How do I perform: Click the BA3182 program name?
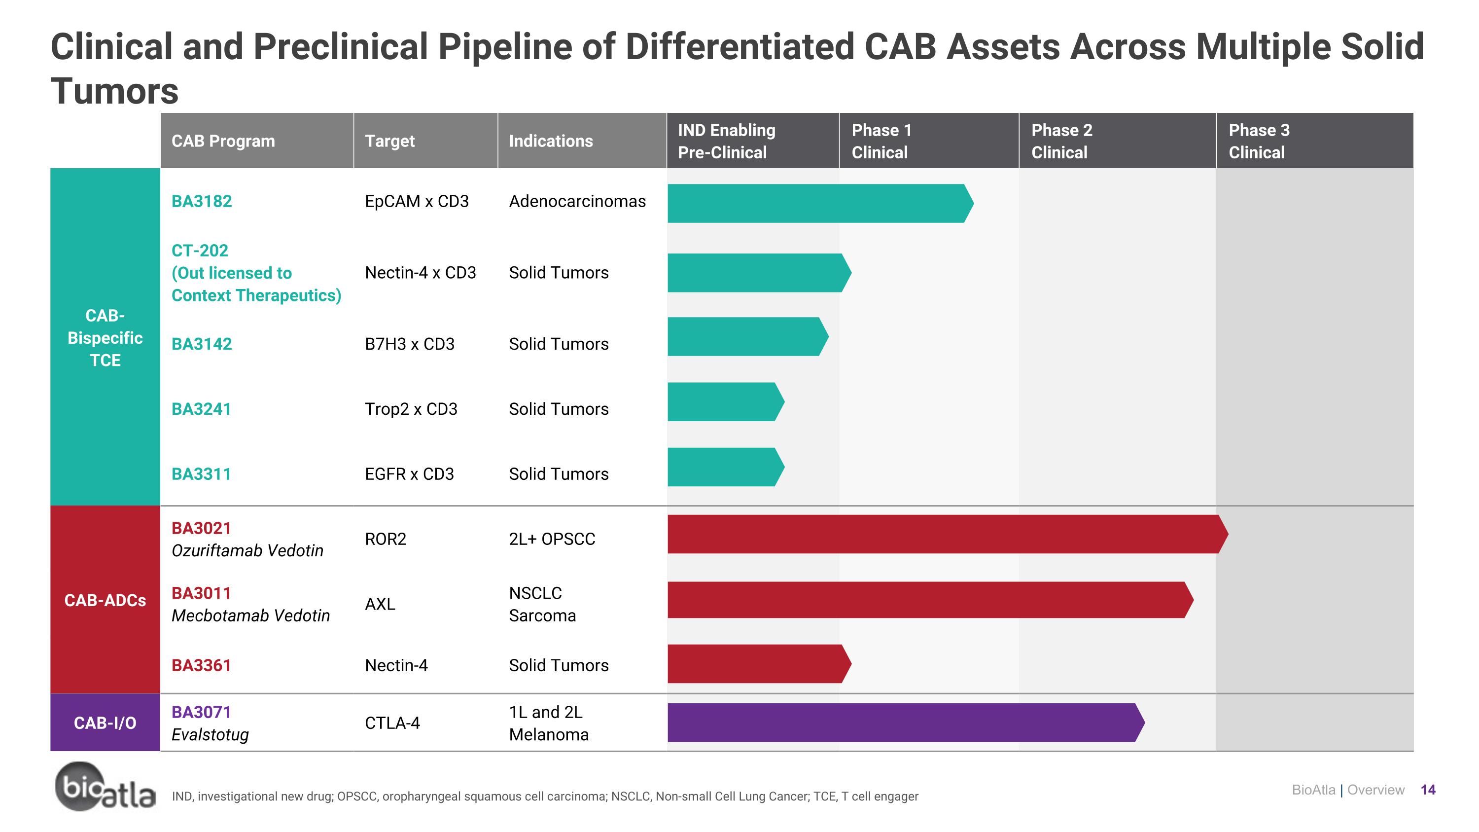click(202, 202)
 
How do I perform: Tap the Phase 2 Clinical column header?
click(1061, 141)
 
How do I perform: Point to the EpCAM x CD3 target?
click(417, 202)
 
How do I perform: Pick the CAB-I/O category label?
click(105, 723)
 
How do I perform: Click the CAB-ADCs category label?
click(105, 600)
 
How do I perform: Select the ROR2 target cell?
click(386, 539)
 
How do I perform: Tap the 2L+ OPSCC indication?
click(552, 539)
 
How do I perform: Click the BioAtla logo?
click(105, 787)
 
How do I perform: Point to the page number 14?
click(1428, 790)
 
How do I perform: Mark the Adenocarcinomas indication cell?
click(577, 202)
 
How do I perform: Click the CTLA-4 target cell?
click(393, 723)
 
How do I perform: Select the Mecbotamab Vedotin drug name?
click(250, 615)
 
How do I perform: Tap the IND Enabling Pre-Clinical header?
click(726, 141)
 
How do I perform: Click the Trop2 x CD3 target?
click(411, 409)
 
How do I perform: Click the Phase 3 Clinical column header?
click(1259, 141)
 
